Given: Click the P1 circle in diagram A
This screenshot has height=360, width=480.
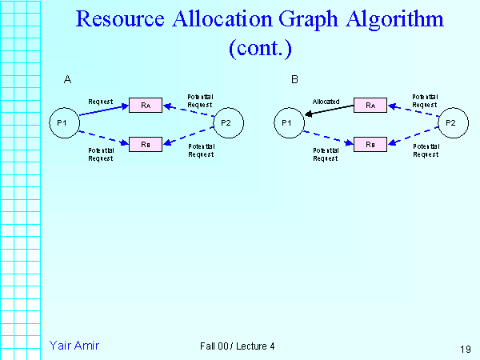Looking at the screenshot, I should click(x=62, y=122).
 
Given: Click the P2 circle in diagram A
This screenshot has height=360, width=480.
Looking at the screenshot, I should click(x=226, y=122).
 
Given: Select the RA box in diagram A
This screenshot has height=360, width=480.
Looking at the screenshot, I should click(x=145, y=105).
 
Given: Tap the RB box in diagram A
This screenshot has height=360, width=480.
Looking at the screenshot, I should click(x=145, y=143).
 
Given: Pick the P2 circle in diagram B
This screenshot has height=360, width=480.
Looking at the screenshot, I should click(x=451, y=122).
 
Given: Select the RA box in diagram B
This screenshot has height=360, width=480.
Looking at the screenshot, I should click(x=370, y=105).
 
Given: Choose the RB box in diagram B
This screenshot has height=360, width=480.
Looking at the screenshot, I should click(x=370, y=143).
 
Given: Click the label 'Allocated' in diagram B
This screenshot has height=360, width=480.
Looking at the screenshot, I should click(x=326, y=102).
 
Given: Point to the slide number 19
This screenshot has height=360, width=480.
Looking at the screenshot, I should click(x=466, y=348).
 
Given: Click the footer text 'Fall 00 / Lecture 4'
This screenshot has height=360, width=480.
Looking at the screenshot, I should click(x=238, y=346).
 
